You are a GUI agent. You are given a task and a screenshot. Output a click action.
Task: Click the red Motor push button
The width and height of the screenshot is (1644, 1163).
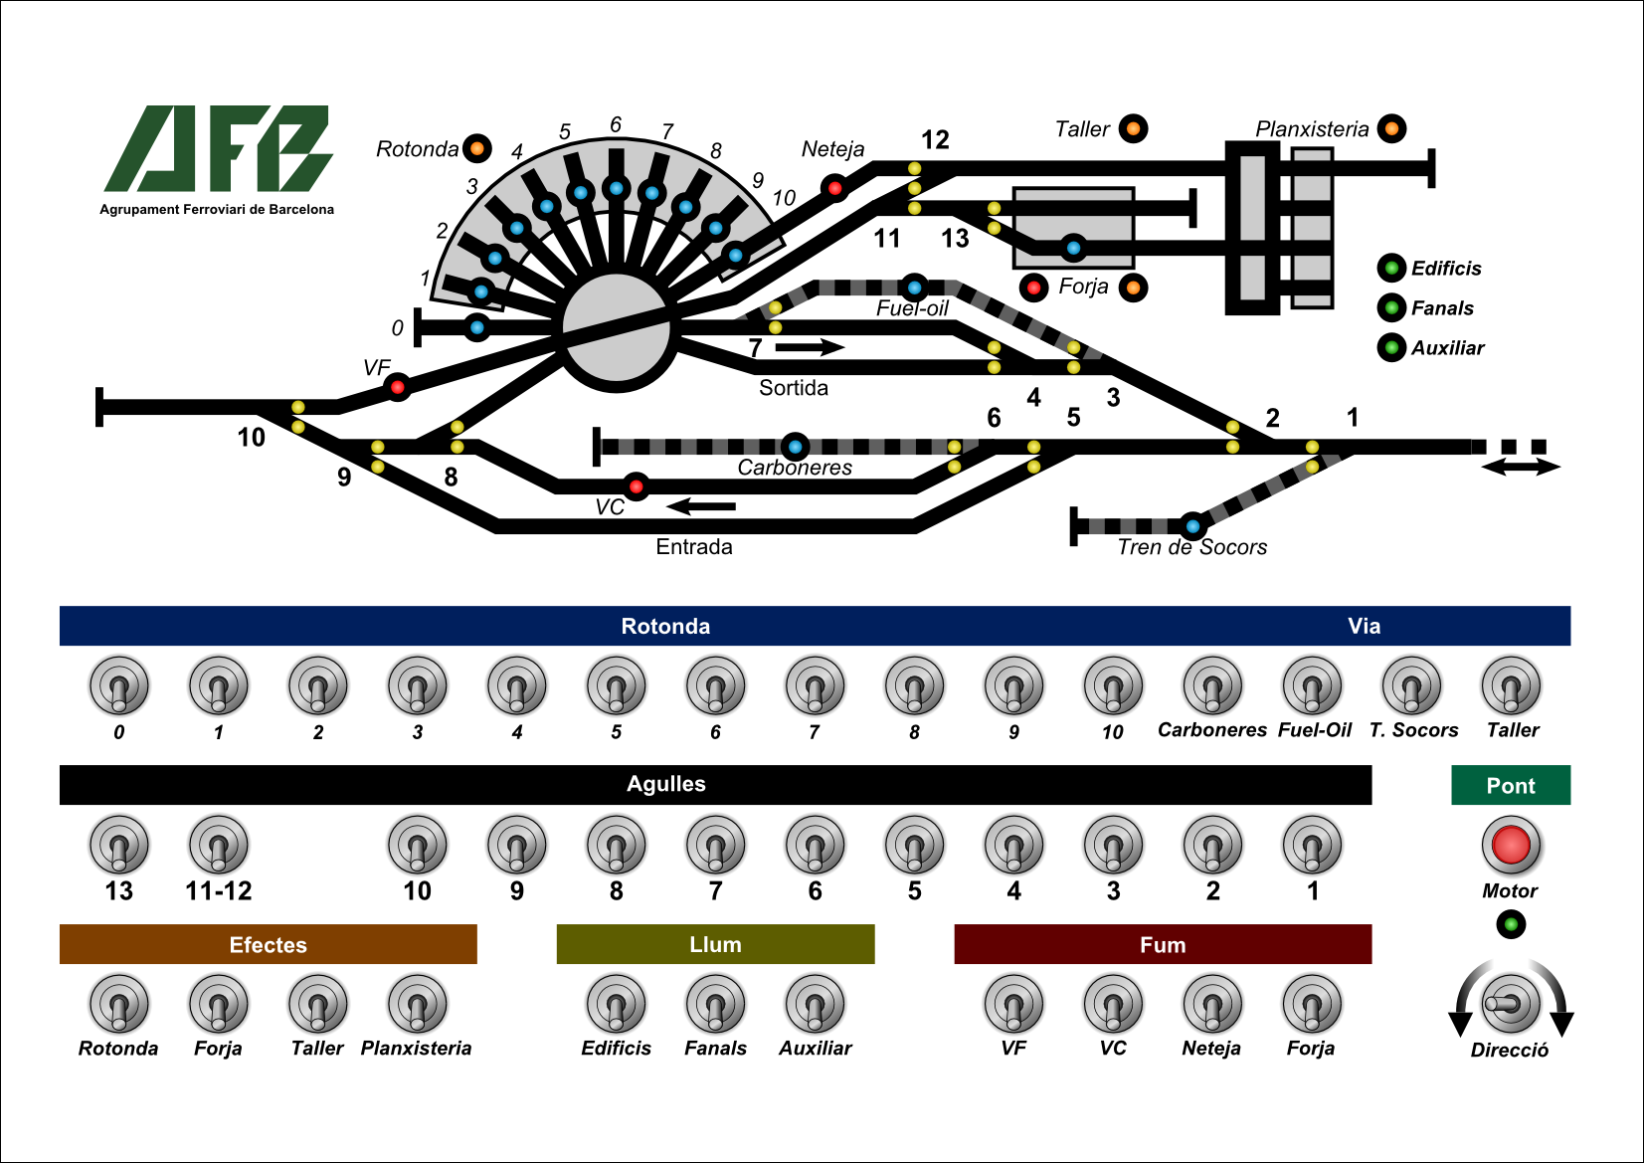click(x=1511, y=845)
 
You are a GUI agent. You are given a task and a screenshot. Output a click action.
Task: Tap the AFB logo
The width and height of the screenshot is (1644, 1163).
click(x=218, y=149)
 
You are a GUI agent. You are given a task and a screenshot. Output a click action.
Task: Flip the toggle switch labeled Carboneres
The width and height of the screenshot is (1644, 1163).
click(x=1212, y=685)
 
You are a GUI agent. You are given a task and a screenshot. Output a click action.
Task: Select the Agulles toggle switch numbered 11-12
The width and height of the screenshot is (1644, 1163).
click(x=219, y=845)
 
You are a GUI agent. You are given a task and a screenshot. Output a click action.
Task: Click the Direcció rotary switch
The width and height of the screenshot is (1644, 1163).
click(x=1510, y=1003)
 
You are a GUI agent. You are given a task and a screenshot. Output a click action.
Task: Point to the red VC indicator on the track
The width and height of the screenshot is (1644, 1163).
click(x=637, y=486)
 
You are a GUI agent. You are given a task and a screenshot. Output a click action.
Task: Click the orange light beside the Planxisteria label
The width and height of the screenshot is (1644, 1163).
click(x=1391, y=128)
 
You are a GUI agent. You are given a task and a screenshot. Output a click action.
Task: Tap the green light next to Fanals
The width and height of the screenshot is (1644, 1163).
click(x=1391, y=307)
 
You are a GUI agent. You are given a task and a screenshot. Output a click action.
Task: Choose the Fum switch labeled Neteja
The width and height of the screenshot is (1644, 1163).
click(x=1212, y=1004)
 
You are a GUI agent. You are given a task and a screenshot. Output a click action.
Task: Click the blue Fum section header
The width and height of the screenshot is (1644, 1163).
click(x=1163, y=944)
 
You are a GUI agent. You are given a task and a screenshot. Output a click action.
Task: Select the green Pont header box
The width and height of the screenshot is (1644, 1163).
click(x=1510, y=785)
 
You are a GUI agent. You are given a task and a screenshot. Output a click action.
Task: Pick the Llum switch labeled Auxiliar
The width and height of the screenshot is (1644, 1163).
click(x=816, y=1004)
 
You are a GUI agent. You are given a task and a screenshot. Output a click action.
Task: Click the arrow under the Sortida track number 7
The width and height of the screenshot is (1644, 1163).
click(x=810, y=347)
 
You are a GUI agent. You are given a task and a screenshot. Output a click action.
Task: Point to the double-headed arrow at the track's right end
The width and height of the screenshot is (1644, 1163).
click(x=1521, y=467)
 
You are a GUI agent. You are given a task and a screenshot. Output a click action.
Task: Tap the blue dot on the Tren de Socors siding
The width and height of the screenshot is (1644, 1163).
click(x=1192, y=526)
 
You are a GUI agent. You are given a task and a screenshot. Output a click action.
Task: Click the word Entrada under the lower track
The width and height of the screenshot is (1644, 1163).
click(x=694, y=546)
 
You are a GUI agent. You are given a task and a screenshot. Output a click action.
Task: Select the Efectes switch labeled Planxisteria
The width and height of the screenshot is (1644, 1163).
click(x=418, y=1004)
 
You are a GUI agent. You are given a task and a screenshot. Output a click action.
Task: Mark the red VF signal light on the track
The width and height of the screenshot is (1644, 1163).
click(x=398, y=387)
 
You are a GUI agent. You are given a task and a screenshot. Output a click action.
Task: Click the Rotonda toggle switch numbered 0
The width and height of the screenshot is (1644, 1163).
click(x=119, y=685)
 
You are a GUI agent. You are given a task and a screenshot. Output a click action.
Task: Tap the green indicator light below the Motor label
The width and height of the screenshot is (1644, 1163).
click(x=1511, y=924)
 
